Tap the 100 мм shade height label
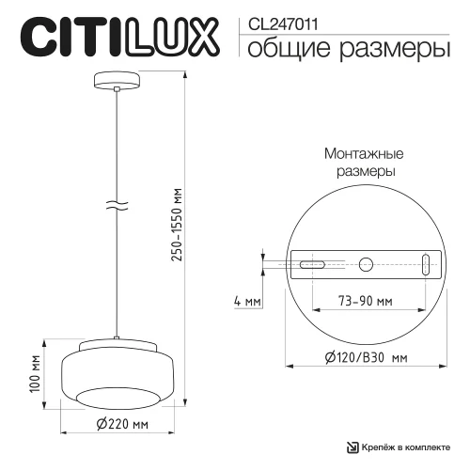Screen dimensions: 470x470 [x=35, y=373]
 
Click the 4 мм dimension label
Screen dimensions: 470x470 [x=245, y=303]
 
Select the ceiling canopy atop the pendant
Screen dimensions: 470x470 [x=116, y=80]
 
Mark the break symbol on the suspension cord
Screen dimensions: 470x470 [x=116, y=205]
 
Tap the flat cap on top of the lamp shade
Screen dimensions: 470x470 [x=116, y=345]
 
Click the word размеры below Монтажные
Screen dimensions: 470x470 [x=364, y=172]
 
